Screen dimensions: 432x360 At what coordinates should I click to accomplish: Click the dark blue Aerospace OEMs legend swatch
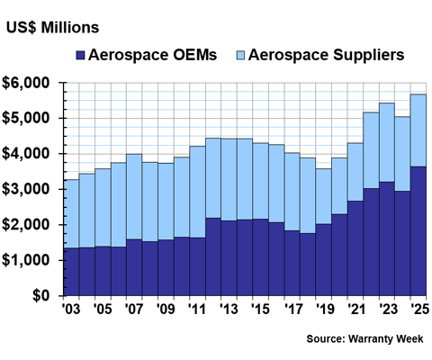pyautogui.click(x=80, y=56)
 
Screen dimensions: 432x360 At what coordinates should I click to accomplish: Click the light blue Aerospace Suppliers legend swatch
pyautogui.click(x=240, y=56)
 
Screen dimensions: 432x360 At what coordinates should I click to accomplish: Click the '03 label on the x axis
pyautogui.click(x=71, y=309)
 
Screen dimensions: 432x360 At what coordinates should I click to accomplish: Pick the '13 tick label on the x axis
pyautogui.click(x=229, y=309)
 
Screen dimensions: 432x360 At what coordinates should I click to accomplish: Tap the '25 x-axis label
pyautogui.click(x=419, y=309)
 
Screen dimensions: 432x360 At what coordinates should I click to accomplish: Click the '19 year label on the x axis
pyautogui.click(x=323, y=309)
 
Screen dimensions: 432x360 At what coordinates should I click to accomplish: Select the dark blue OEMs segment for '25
pyautogui.click(x=418, y=231)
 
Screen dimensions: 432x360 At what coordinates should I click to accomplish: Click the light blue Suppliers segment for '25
pyautogui.click(x=418, y=130)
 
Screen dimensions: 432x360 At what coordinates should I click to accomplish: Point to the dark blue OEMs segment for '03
pyautogui.click(x=71, y=272)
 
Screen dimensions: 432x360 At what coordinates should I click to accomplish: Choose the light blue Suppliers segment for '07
pyautogui.click(x=134, y=197)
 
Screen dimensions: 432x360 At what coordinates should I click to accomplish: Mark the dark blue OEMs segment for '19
pyautogui.click(x=324, y=260)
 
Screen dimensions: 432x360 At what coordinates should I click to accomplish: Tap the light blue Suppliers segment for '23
pyautogui.click(x=387, y=142)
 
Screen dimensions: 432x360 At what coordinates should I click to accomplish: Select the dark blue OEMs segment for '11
pyautogui.click(x=197, y=267)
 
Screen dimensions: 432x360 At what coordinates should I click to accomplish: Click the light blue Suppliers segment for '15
pyautogui.click(x=260, y=181)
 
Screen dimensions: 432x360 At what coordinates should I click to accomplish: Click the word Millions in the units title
pyautogui.click(x=70, y=28)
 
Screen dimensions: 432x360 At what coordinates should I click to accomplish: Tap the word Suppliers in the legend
pyautogui.click(x=368, y=56)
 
